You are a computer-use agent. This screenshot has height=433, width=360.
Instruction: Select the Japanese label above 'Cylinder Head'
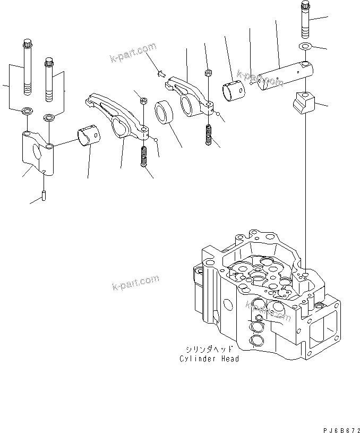point(209,350)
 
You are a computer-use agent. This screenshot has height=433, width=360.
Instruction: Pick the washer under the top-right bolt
point(305,47)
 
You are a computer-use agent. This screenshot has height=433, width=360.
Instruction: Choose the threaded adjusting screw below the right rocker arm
point(209,134)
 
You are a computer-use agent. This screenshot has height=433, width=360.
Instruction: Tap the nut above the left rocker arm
point(143,100)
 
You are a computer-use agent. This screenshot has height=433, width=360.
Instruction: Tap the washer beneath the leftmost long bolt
point(26,112)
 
